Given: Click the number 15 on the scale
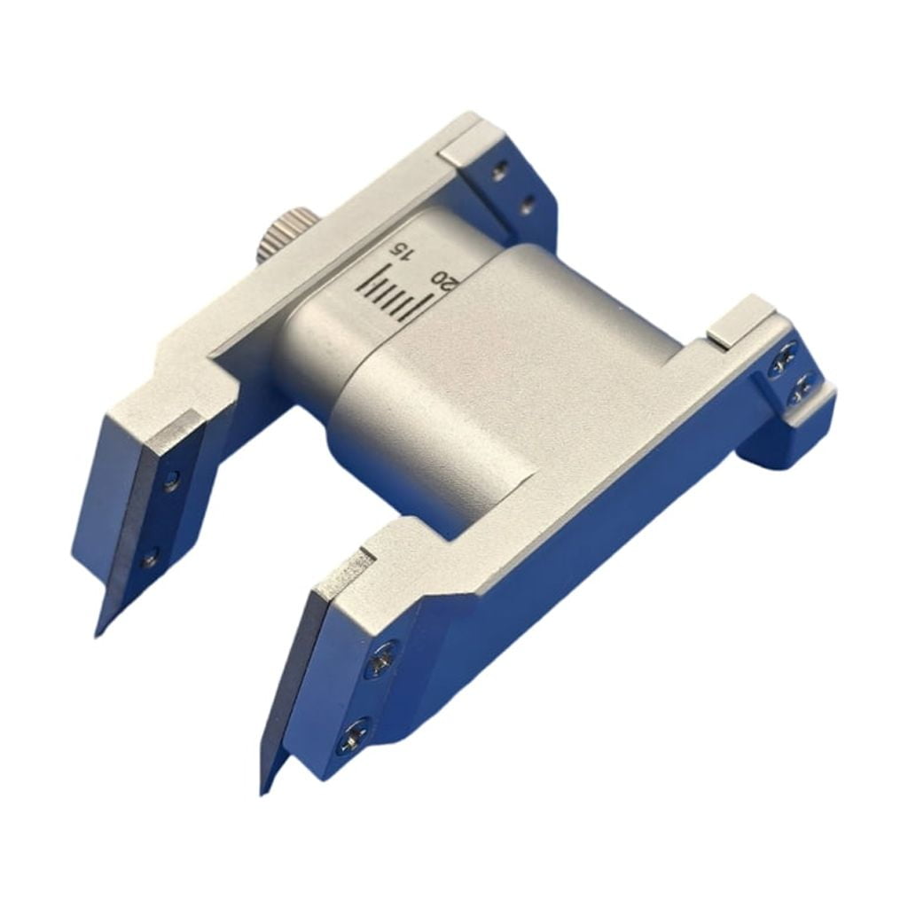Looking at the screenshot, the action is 401,251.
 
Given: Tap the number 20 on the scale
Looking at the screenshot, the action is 445,281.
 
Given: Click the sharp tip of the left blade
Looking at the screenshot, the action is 96,636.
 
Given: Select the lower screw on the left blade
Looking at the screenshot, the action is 151,559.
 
